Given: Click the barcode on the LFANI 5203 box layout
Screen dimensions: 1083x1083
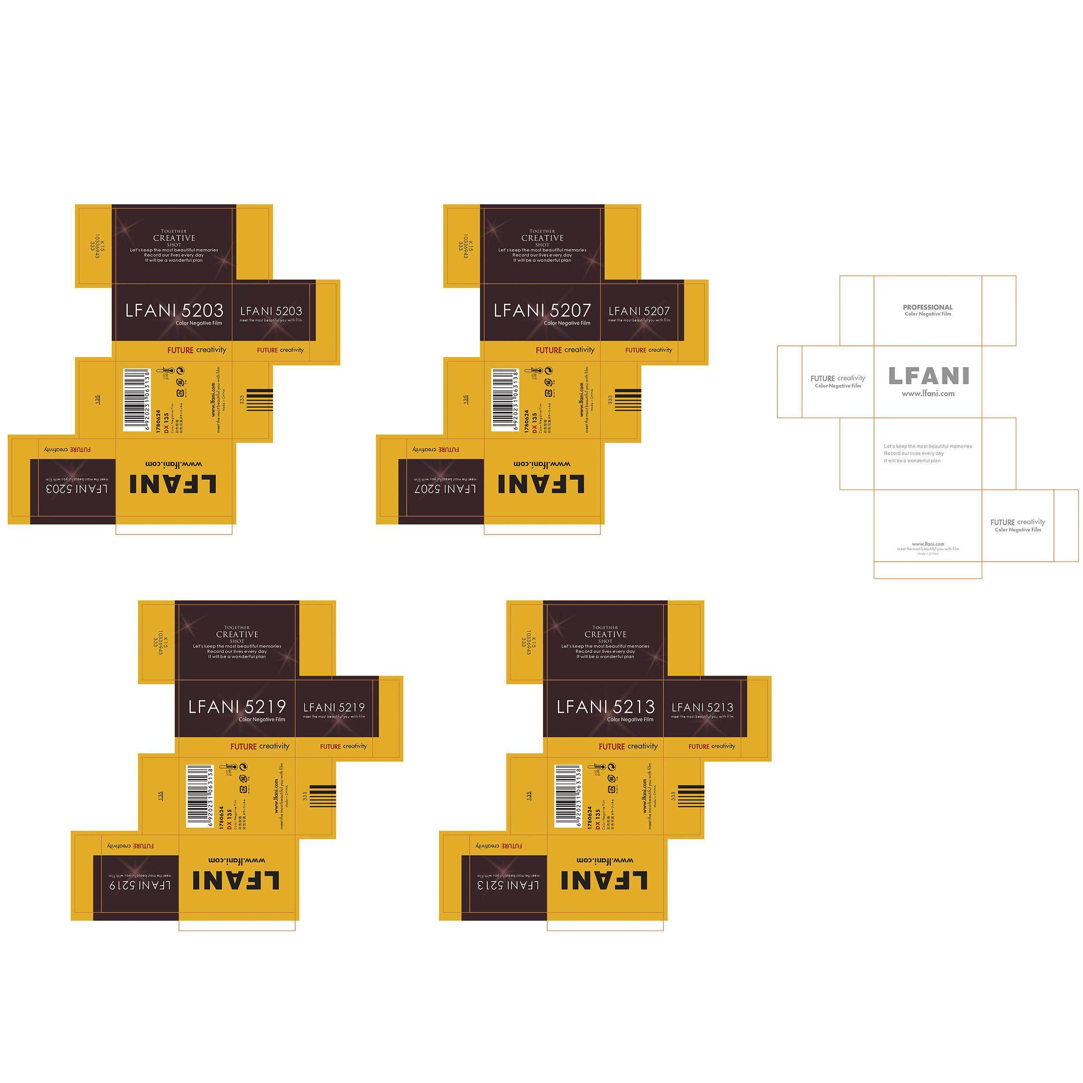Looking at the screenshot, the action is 136,400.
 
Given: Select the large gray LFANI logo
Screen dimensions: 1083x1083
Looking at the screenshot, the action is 928,376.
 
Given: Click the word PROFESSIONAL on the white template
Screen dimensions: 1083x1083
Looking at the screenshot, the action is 928,307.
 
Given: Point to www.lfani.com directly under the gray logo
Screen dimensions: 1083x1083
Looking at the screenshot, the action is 928,393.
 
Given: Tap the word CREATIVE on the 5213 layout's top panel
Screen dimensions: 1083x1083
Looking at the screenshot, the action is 605,635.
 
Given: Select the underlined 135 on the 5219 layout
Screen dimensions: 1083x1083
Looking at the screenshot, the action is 160,796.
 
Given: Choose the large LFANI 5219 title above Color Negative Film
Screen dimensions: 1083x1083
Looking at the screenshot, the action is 237,706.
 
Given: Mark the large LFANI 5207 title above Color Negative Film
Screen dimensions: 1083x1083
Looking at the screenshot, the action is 542,310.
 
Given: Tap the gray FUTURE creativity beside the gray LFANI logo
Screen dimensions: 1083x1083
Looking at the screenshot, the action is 838,378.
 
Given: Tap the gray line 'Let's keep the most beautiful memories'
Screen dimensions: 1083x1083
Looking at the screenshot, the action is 928,446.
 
